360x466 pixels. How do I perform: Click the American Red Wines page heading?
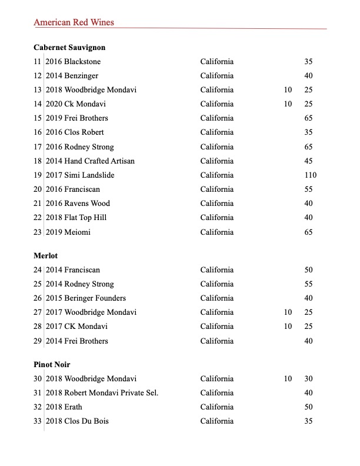(x=74, y=22)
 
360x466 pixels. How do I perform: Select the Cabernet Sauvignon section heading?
(x=69, y=47)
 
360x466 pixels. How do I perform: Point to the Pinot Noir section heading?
(x=52, y=365)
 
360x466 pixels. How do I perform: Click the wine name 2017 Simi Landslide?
(x=80, y=175)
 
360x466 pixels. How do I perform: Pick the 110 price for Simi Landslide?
(x=310, y=175)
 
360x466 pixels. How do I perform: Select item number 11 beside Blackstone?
(x=38, y=62)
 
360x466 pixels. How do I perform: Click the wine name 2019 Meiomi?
(x=68, y=232)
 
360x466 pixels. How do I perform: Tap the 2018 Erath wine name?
(x=64, y=407)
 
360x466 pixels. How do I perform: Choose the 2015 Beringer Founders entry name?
(x=86, y=298)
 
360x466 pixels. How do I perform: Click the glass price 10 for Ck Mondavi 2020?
(x=288, y=104)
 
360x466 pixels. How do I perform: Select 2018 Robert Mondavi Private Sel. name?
(x=102, y=393)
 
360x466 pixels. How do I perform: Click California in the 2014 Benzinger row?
(x=216, y=76)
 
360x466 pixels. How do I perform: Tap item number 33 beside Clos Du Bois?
(x=38, y=421)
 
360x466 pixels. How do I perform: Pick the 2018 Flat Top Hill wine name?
(x=76, y=218)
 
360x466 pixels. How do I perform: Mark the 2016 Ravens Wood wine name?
(x=78, y=204)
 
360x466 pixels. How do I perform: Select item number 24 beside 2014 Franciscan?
(x=38, y=270)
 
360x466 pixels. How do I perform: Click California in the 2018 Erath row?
(x=216, y=407)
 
